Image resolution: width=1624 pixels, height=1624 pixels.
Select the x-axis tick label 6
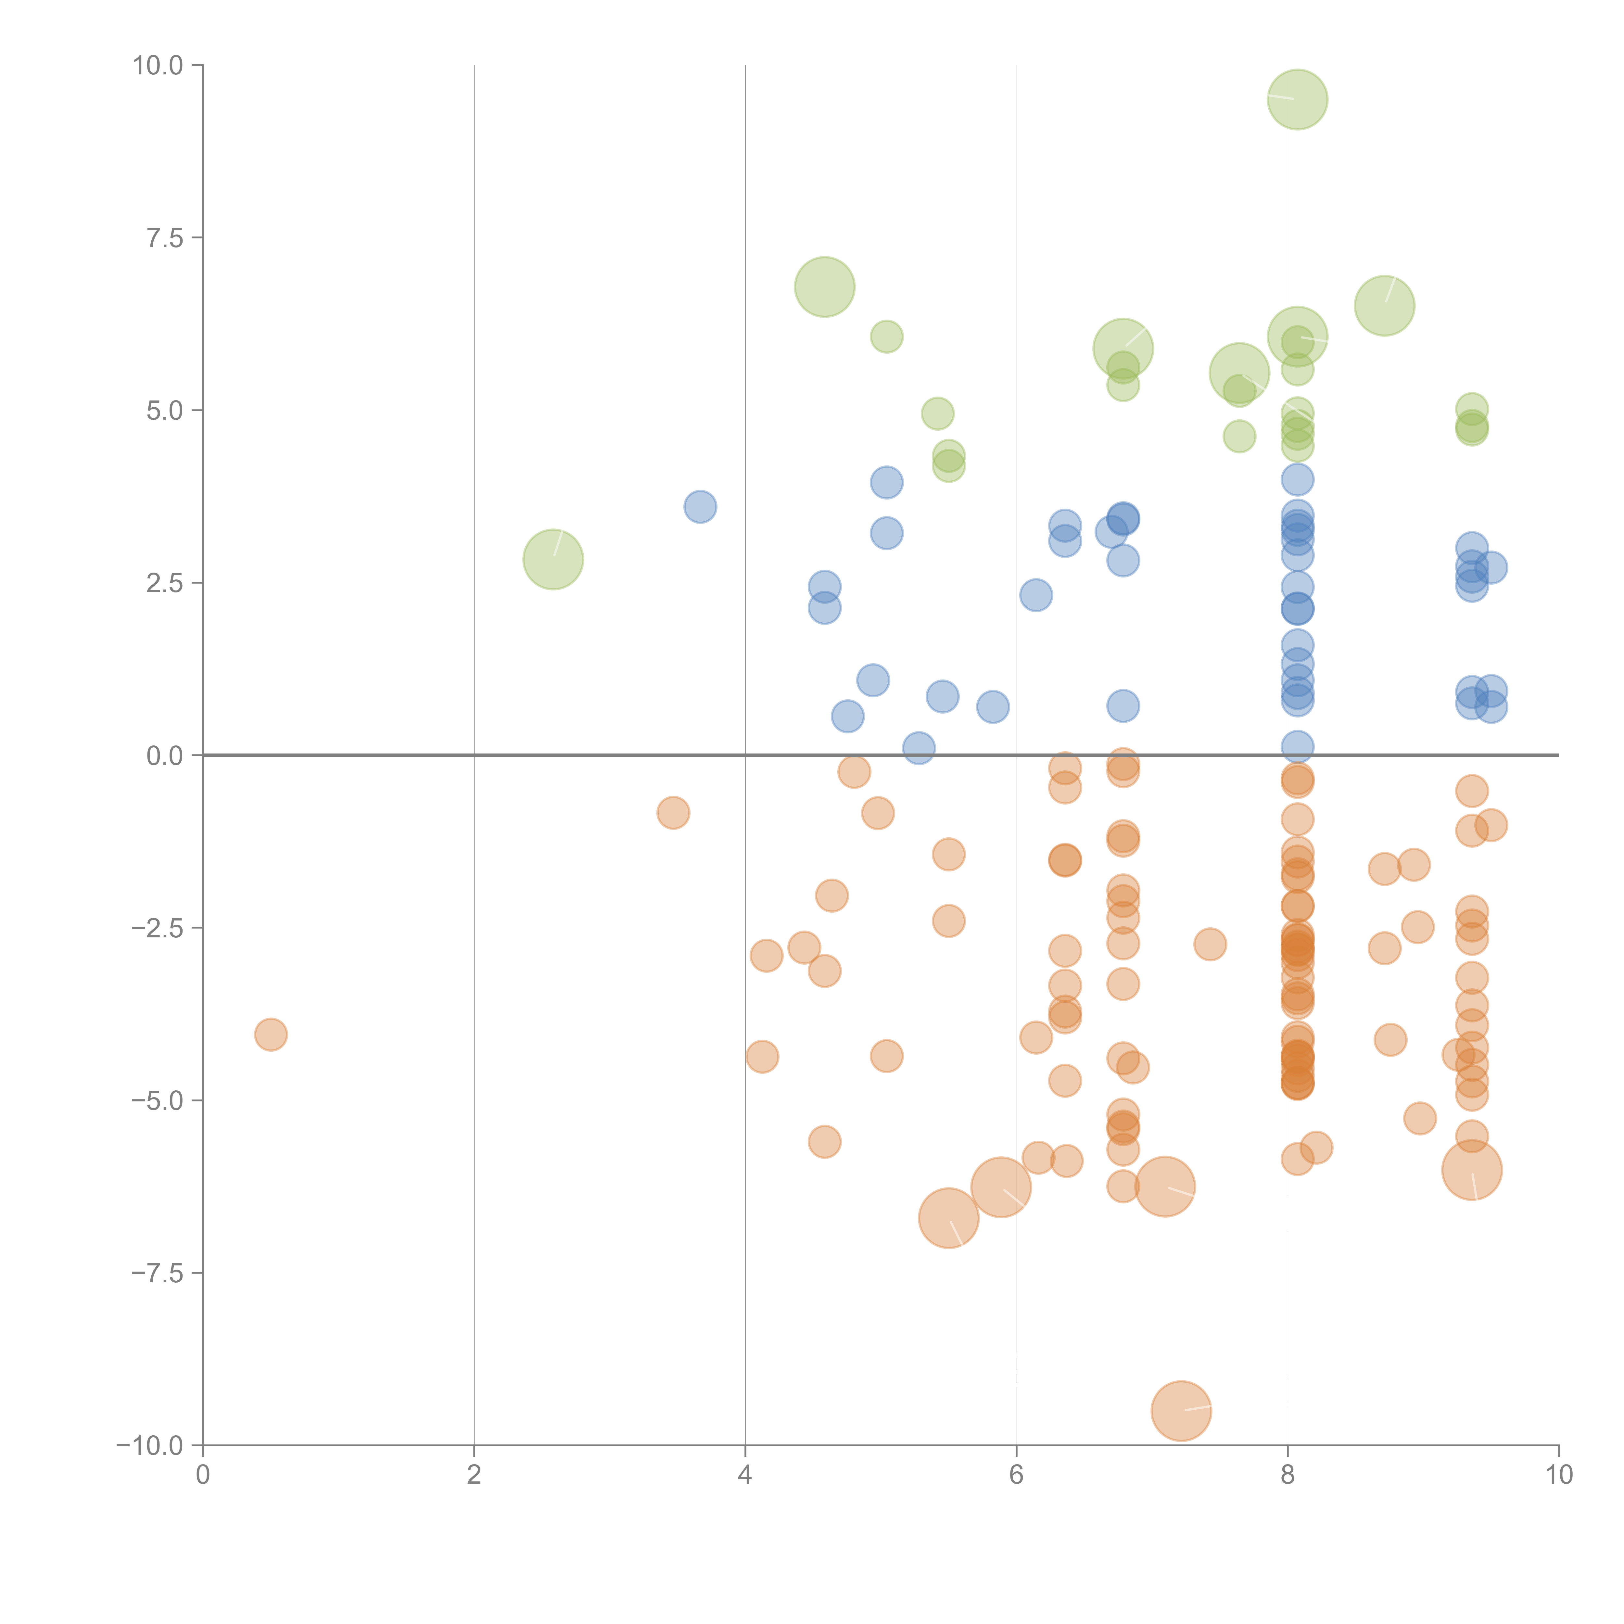(1016, 1474)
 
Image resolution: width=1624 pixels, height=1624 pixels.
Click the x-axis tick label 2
(474, 1474)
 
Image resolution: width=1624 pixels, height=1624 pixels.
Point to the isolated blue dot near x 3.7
(700, 507)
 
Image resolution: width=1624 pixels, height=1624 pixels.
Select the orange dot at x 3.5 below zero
(672, 813)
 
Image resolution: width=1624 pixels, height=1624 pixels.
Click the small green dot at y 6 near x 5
(886, 337)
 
